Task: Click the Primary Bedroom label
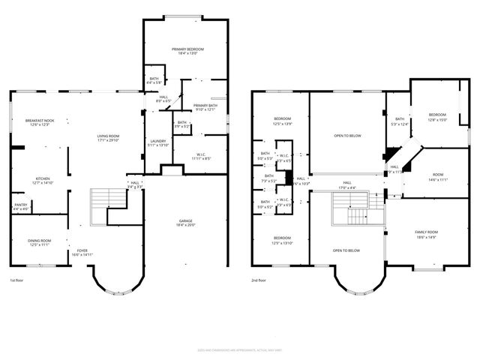point(182,50)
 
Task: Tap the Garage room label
point(185,223)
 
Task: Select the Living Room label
point(108,138)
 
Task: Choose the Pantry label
point(21,207)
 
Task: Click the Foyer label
point(81,253)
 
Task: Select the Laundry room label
point(157,142)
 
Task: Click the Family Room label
point(425,235)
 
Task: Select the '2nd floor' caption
point(260,280)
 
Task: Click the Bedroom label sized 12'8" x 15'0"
point(436,117)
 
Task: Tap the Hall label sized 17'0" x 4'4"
point(347,184)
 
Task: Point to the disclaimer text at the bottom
point(239,349)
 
